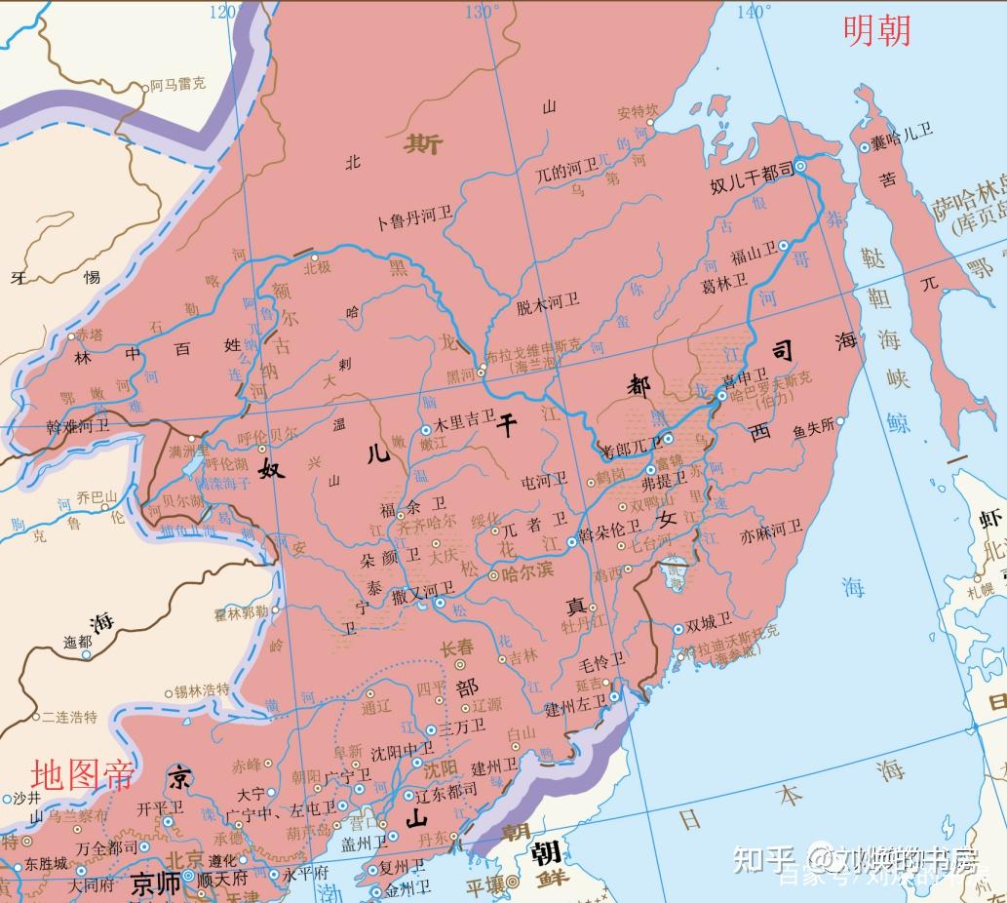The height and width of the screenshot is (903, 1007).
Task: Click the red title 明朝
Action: pos(876,30)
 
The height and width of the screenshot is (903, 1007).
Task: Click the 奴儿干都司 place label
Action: pos(752,173)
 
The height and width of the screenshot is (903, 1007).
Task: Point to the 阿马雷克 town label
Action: pos(177,86)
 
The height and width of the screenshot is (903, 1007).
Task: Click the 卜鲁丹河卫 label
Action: pos(414,220)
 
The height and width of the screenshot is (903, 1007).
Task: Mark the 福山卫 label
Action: pos(753,255)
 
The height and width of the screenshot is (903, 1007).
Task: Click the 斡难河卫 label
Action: pos(78,426)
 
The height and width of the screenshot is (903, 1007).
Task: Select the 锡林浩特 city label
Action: pos(202,690)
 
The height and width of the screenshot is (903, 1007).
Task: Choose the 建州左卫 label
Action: pos(575,704)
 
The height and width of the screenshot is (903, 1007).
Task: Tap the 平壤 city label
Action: pos(485,883)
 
